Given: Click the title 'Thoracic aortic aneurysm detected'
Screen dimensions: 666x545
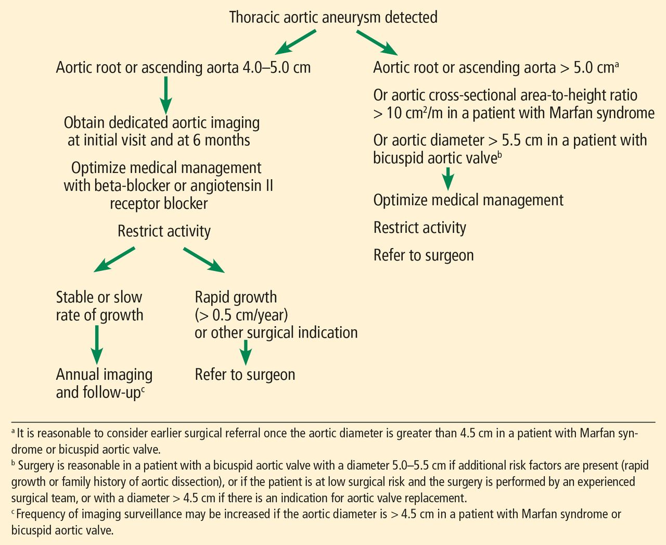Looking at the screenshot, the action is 333,17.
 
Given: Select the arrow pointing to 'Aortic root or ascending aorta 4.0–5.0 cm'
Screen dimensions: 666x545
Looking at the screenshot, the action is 295,42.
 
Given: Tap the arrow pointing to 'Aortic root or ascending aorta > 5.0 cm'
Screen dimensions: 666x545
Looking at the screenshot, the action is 377,43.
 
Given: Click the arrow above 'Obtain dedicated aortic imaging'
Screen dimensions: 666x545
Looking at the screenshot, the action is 166,95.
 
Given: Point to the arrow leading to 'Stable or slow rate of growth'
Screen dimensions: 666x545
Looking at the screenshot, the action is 114,259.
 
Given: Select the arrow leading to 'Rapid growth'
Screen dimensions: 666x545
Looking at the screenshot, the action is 203,259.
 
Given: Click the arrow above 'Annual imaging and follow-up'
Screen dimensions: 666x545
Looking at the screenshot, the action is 97,345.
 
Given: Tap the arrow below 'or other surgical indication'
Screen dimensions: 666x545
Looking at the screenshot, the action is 246,352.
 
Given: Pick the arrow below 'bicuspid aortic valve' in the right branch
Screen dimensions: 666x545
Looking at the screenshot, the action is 448,178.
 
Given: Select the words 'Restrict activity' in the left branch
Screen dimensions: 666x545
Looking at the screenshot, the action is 164,231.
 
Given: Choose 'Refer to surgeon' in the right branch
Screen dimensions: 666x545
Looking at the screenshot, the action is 424,255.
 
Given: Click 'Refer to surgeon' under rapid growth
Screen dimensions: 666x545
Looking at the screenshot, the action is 245,375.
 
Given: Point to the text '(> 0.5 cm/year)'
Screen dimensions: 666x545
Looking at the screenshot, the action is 241,315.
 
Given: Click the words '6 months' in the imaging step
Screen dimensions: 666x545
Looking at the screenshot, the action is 221,140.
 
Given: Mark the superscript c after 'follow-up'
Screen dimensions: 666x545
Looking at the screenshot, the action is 143,389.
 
